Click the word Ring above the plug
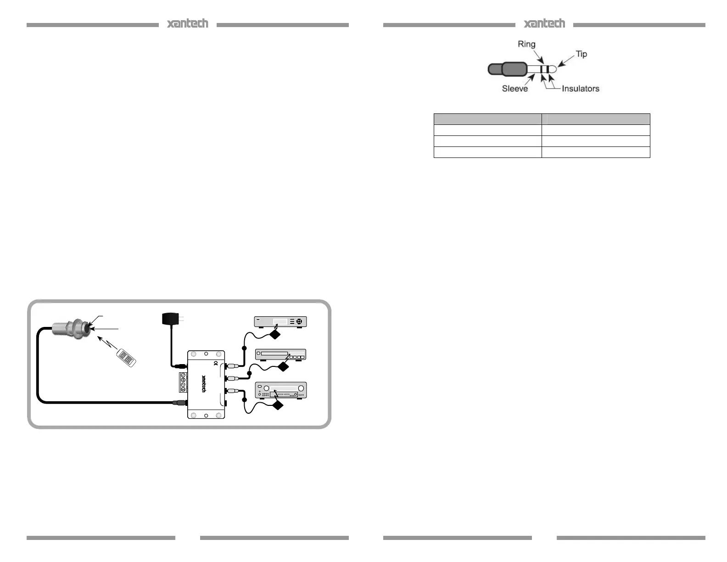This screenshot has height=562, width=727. pyautogui.click(x=526, y=44)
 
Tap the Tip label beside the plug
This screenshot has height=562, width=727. pyautogui.click(x=581, y=54)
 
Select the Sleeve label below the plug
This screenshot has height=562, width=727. pyautogui.click(x=514, y=89)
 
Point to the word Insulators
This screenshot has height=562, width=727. pyautogui.click(x=580, y=89)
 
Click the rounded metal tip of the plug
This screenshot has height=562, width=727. pyautogui.click(x=553, y=69)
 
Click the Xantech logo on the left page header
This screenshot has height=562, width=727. pyautogui.click(x=187, y=24)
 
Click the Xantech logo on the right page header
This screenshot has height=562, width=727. pyautogui.click(x=544, y=24)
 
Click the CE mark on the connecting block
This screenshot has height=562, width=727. pyautogui.click(x=216, y=364)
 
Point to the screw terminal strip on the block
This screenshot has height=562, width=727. pyautogui.click(x=183, y=382)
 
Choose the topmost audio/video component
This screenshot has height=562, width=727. pyautogui.click(x=280, y=321)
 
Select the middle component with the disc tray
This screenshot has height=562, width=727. pyautogui.click(x=280, y=354)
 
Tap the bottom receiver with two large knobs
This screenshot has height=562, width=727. pyautogui.click(x=280, y=390)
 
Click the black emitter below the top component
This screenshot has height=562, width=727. pyautogui.click(x=275, y=334)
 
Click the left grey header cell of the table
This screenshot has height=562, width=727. pyautogui.click(x=487, y=119)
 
